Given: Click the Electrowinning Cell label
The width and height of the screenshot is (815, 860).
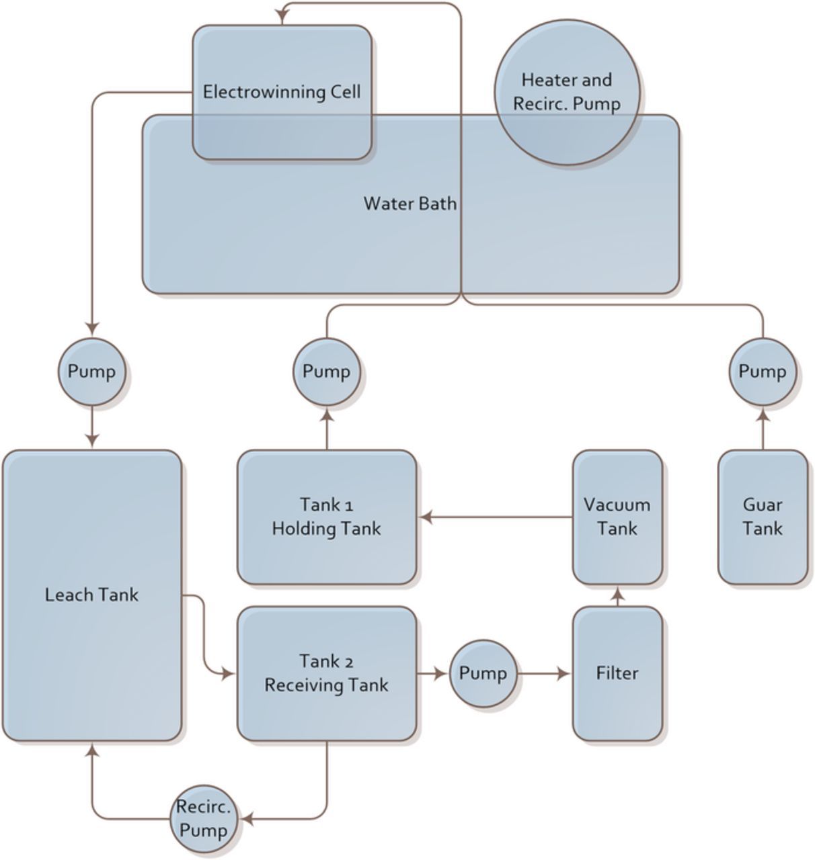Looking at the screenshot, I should [x=282, y=91].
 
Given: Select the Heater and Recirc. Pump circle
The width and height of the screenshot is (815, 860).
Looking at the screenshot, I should [x=567, y=92].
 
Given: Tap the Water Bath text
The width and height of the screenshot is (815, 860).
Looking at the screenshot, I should [x=410, y=203].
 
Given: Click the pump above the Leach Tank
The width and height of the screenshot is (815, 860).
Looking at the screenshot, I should [x=92, y=372].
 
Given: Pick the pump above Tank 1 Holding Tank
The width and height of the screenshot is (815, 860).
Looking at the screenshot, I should [x=326, y=372].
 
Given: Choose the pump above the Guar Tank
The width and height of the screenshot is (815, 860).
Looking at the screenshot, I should [x=763, y=372].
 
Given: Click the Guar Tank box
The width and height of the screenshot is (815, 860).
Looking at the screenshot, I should [x=763, y=517].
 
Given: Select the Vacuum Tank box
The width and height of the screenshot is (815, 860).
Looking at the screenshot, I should [x=617, y=517].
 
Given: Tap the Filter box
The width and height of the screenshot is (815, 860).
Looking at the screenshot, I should [x=617, y=673].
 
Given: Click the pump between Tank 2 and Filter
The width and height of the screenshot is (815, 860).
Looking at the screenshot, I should [x=483, y=673].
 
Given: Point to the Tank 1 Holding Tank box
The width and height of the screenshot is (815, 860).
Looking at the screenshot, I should [x=326, y=517].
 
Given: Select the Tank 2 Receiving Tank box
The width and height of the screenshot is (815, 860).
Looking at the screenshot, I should [x=326, y=673].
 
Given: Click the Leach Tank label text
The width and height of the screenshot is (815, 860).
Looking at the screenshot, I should [x=91, y=595].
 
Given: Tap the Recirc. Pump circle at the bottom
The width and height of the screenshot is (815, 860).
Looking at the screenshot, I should [x=203, y=819].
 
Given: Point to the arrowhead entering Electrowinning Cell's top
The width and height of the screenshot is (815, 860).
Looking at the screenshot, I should [x=282, y=18].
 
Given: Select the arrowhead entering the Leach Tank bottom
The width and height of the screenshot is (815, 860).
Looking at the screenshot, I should [x=93, y=750].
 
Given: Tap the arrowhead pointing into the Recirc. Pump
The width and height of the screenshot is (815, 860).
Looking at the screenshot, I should [x=247, y=819].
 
